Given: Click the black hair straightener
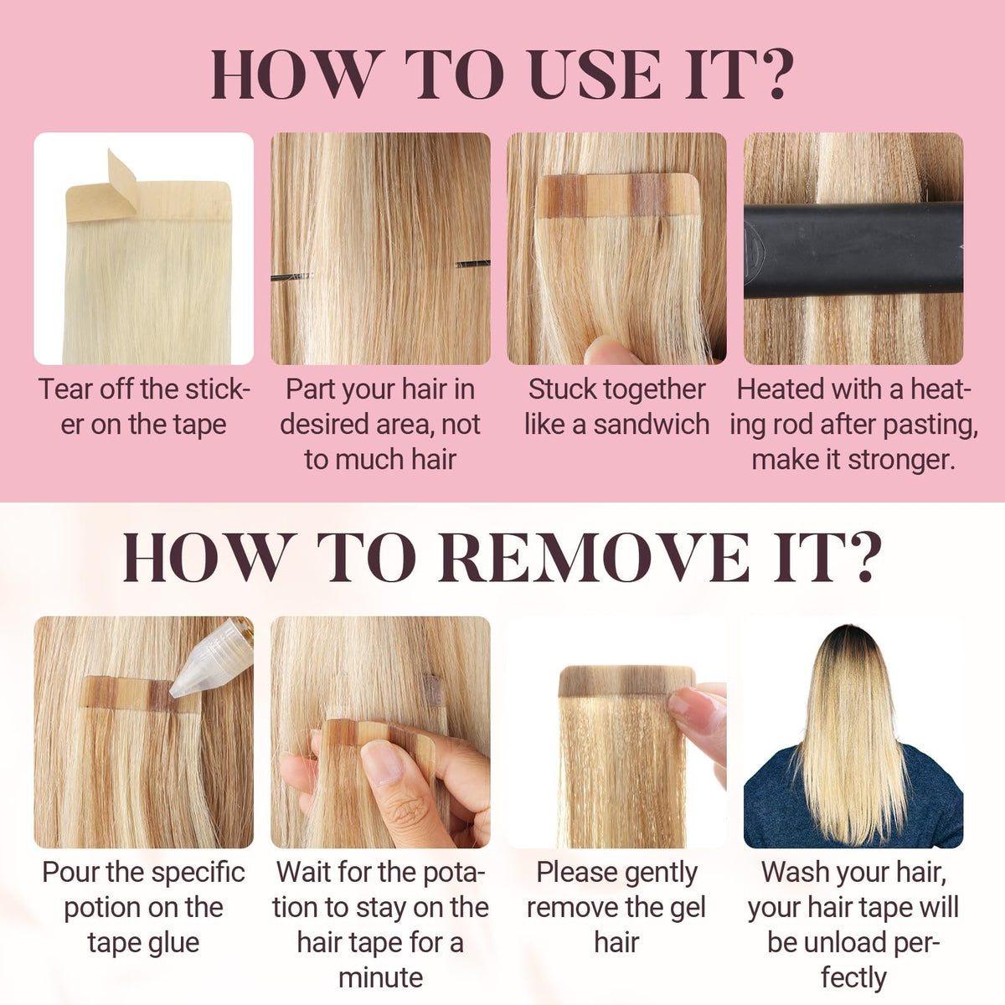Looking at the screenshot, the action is [853, 250].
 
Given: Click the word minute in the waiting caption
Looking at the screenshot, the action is [380, 977].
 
